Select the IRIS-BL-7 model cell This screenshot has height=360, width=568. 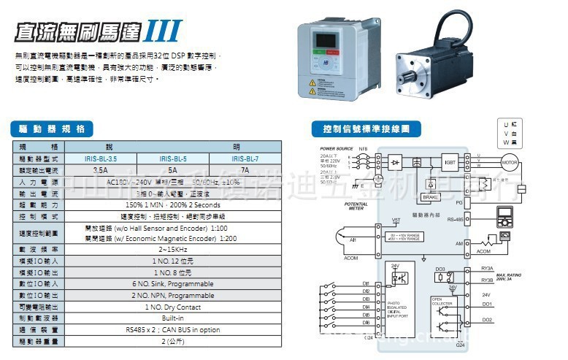[x=245, y=158]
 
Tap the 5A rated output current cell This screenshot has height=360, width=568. [x=172, y=169]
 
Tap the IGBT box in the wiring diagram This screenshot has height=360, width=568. [x=450, y=160]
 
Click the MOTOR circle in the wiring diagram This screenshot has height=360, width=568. [x=509, y=161]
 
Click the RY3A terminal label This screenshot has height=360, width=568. [x=487, y=269]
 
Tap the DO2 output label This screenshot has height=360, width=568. [x=487, y=320]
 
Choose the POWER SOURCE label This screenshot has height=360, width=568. [x=336, y=148]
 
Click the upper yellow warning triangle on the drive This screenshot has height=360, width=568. [x=312, y=83]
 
